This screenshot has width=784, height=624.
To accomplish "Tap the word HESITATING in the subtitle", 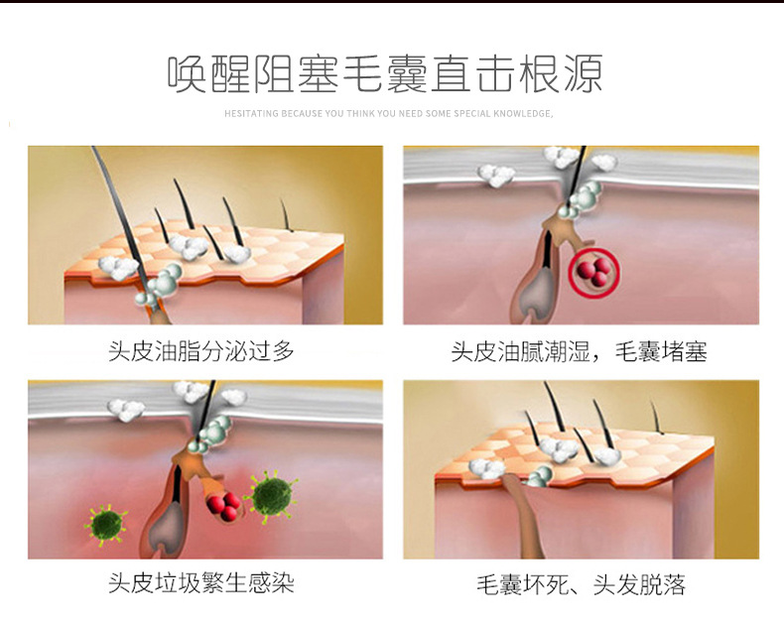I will pos(251,114).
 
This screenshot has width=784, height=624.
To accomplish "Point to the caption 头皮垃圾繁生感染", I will pos(201,582).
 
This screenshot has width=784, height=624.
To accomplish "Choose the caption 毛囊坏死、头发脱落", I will pos(581,583).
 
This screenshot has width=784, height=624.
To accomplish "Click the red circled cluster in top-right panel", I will pos(593,271).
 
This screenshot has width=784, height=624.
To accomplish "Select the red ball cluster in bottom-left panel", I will pos(223,506).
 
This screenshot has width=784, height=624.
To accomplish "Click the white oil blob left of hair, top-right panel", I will pos(495,176).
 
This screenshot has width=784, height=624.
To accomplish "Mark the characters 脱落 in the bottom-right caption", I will pos(664,583).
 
